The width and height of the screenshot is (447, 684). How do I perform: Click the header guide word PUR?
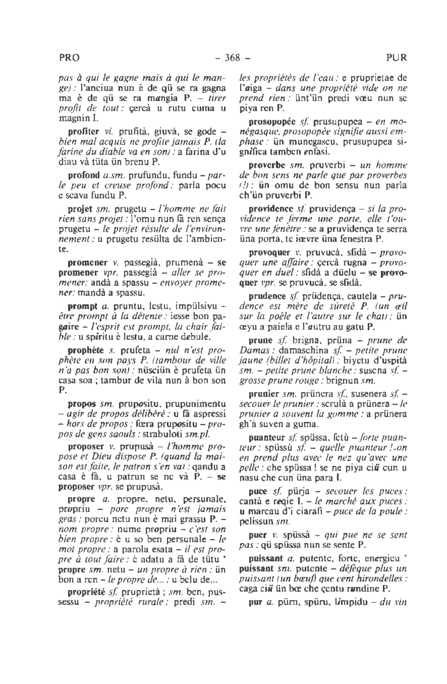point(396,58)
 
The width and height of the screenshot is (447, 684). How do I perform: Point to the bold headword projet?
point(80,208)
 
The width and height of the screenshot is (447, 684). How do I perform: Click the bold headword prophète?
point(86,350)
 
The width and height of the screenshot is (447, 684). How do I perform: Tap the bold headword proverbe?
point(267,166)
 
